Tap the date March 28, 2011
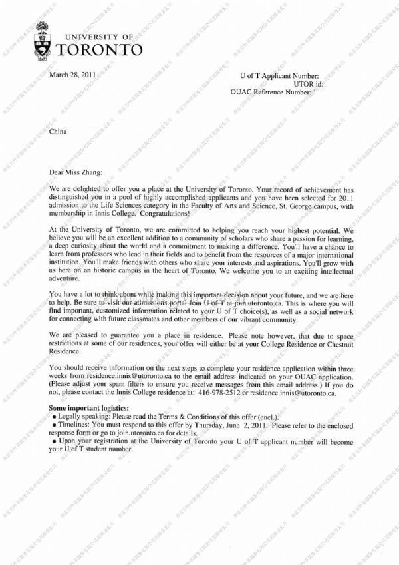pos(73,75)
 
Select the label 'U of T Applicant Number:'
pos(279,77)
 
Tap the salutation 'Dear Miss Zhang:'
pos(77,172)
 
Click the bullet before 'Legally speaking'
pos(54,415)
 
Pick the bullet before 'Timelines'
pos(54,424)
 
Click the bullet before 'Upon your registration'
pos(54,441)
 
